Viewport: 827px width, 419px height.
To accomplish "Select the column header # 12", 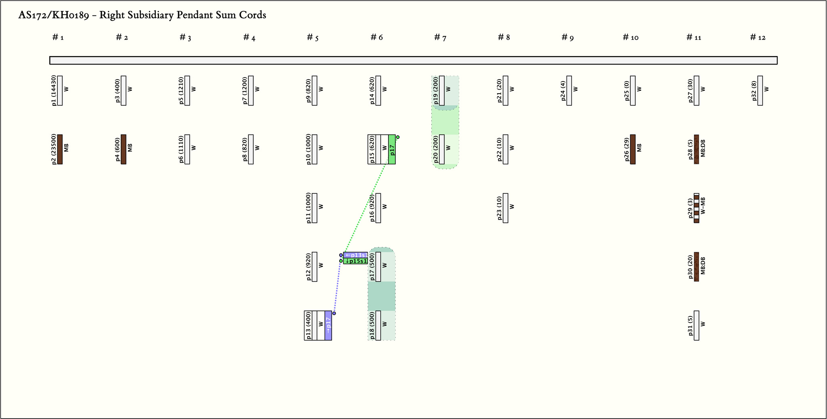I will [x=758, y=38].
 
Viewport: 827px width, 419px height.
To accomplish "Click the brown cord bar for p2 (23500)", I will [x=60, y=149].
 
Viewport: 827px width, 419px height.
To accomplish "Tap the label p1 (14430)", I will [x=54, y=91].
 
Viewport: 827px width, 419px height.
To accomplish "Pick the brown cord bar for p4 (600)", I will [x=124, y=149].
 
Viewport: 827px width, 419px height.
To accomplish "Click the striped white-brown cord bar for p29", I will [x=696, y=208].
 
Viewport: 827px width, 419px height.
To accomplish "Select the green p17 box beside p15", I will [x=392, y=149].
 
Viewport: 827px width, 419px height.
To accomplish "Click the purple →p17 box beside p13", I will [x=328, y=325].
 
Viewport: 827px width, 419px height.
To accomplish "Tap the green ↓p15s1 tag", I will [x=355, y=261].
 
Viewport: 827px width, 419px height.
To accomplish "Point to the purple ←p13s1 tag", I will [x=355, y=255].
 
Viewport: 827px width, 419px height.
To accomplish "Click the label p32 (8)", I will [x=754, y=91].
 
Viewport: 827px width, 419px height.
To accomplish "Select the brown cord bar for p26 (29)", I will [x=633, y=149].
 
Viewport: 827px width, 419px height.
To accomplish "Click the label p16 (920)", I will [x=372, y=208].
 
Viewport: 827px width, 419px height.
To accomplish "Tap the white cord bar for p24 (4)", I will [x=569, y=91].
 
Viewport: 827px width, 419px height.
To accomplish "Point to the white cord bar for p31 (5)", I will [x=697, y=325].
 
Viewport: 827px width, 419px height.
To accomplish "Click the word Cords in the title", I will [x=254, y=15].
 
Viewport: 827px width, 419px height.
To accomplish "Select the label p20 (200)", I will [x=436, y=149].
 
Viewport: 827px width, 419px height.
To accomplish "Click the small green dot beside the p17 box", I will [x=398, y=137].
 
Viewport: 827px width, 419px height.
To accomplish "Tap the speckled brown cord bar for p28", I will [x=696, y=149].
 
